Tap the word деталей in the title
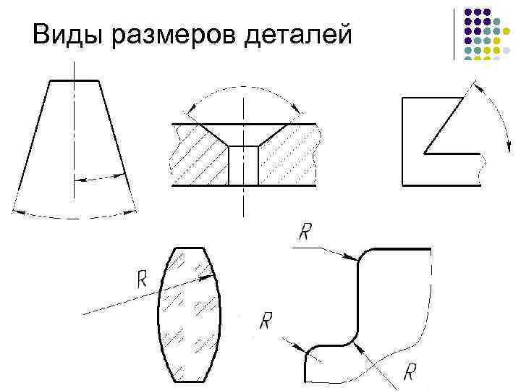pos(298,33)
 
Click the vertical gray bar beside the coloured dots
pos(454,33)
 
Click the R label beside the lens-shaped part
pos(141,279)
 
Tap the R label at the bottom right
pos(410,373)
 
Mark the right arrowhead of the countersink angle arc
pos(297,112)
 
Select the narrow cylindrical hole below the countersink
pos(243,165)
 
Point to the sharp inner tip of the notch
pos(425,153)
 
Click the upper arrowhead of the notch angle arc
pos(475,85)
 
